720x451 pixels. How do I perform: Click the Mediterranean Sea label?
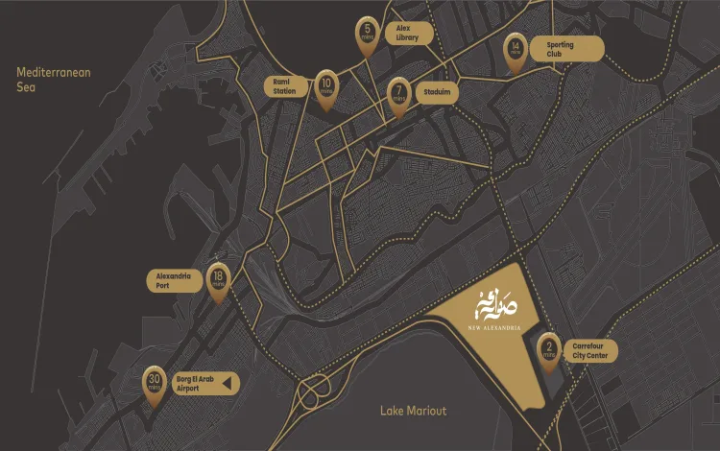54,79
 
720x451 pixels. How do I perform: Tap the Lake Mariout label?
413,411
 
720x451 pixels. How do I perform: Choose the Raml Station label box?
286,86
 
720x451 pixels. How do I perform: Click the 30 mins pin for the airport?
154,383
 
